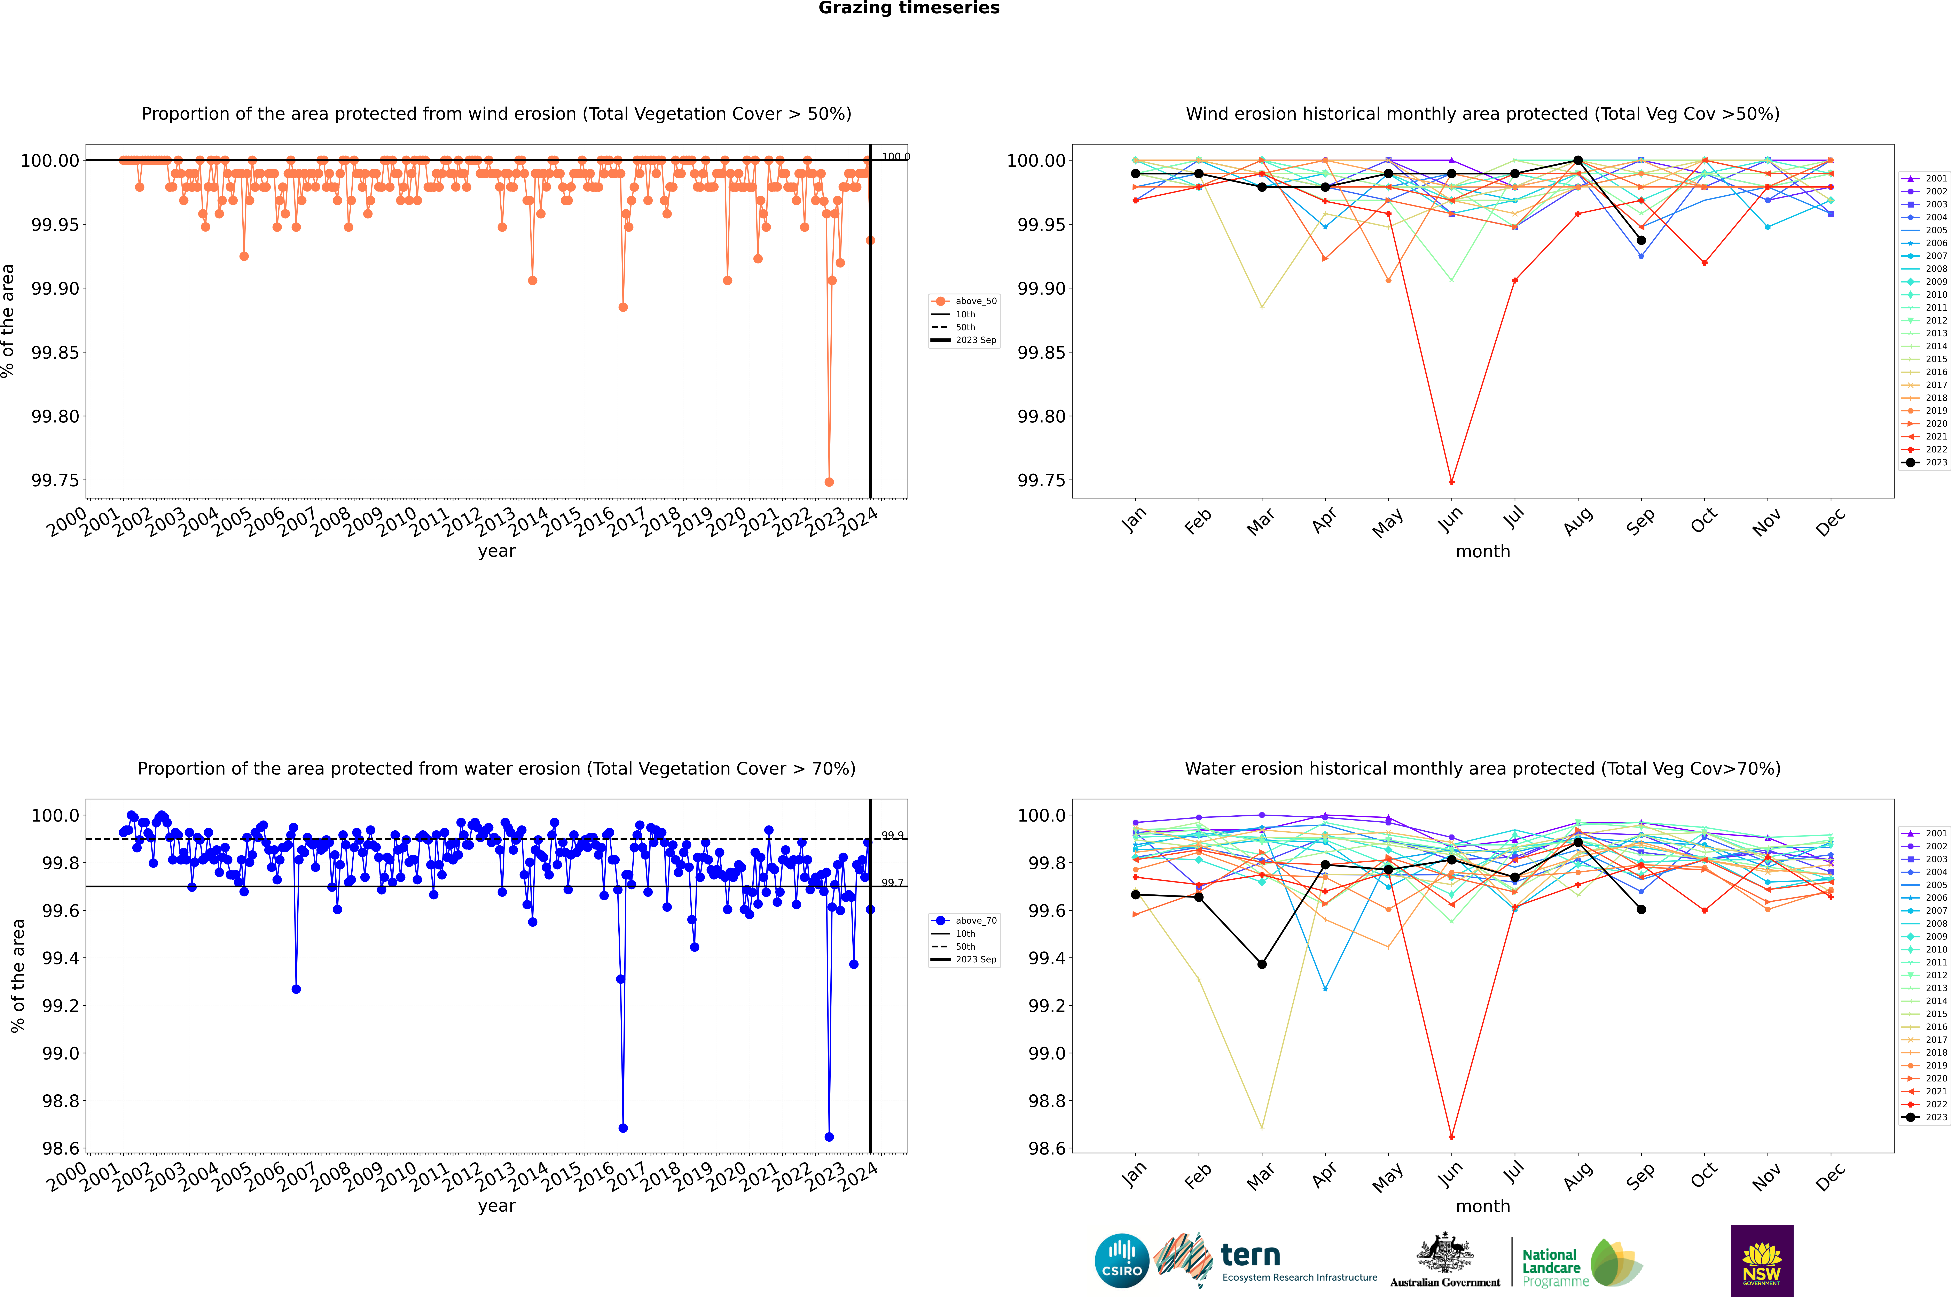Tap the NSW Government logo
(1762, 1261)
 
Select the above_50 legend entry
(965, 301)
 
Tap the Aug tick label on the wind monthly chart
(1577, 522)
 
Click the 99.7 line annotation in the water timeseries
(892, 883)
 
